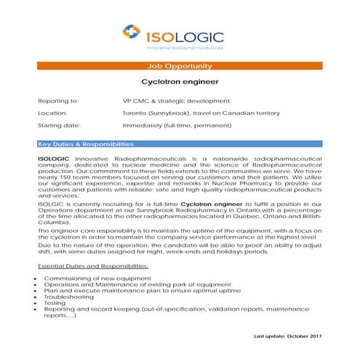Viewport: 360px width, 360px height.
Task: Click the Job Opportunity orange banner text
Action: [179, 65]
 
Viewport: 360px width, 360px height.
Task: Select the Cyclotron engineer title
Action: [179, 82]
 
